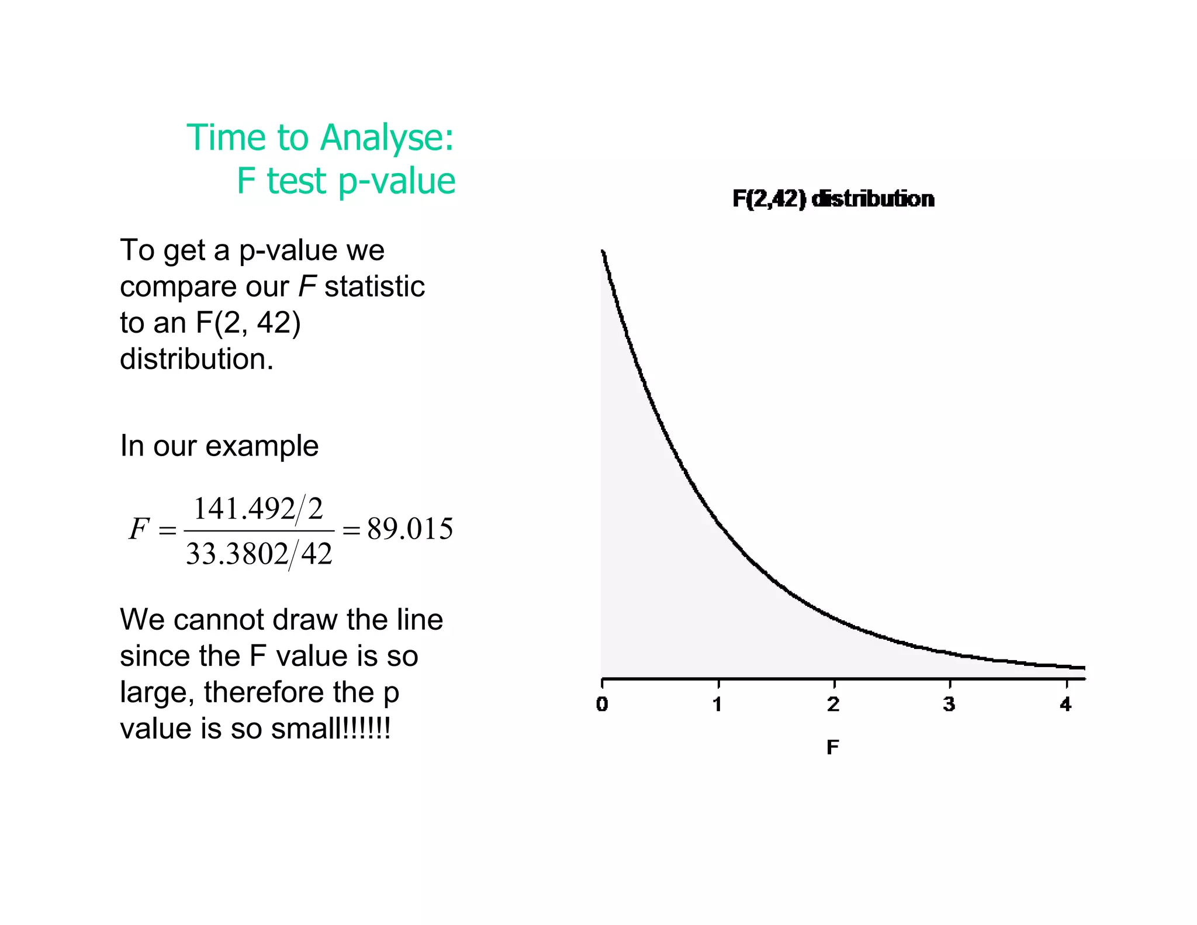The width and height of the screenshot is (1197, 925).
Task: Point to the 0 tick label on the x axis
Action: coord(602,705)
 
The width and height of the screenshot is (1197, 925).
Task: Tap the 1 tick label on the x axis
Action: coord(718,705)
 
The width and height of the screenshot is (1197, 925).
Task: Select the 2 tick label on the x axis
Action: coord(833,705)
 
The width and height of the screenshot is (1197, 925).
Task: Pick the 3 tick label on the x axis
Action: coord(949,705)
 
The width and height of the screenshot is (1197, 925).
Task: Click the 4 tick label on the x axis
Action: coord(1065,705)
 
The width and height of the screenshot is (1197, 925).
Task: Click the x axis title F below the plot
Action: coord(833,747)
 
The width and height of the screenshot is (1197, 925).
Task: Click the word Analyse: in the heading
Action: coord(387,138)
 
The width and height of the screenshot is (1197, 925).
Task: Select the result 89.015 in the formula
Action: coord(410,529)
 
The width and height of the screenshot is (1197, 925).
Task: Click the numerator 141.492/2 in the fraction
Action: coord(258,509)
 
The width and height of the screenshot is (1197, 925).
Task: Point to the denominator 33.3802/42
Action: coord(259,554)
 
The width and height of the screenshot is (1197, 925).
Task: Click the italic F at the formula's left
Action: coord(139,529)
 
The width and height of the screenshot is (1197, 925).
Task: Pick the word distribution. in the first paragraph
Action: coord(196,358)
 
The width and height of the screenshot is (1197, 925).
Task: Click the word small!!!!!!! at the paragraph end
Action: coord(331,729)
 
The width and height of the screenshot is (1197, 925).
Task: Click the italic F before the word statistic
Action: coord(307,287)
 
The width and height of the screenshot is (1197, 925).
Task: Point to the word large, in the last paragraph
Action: coord(157,692)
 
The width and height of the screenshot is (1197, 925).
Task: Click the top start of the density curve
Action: coord(603,252)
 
